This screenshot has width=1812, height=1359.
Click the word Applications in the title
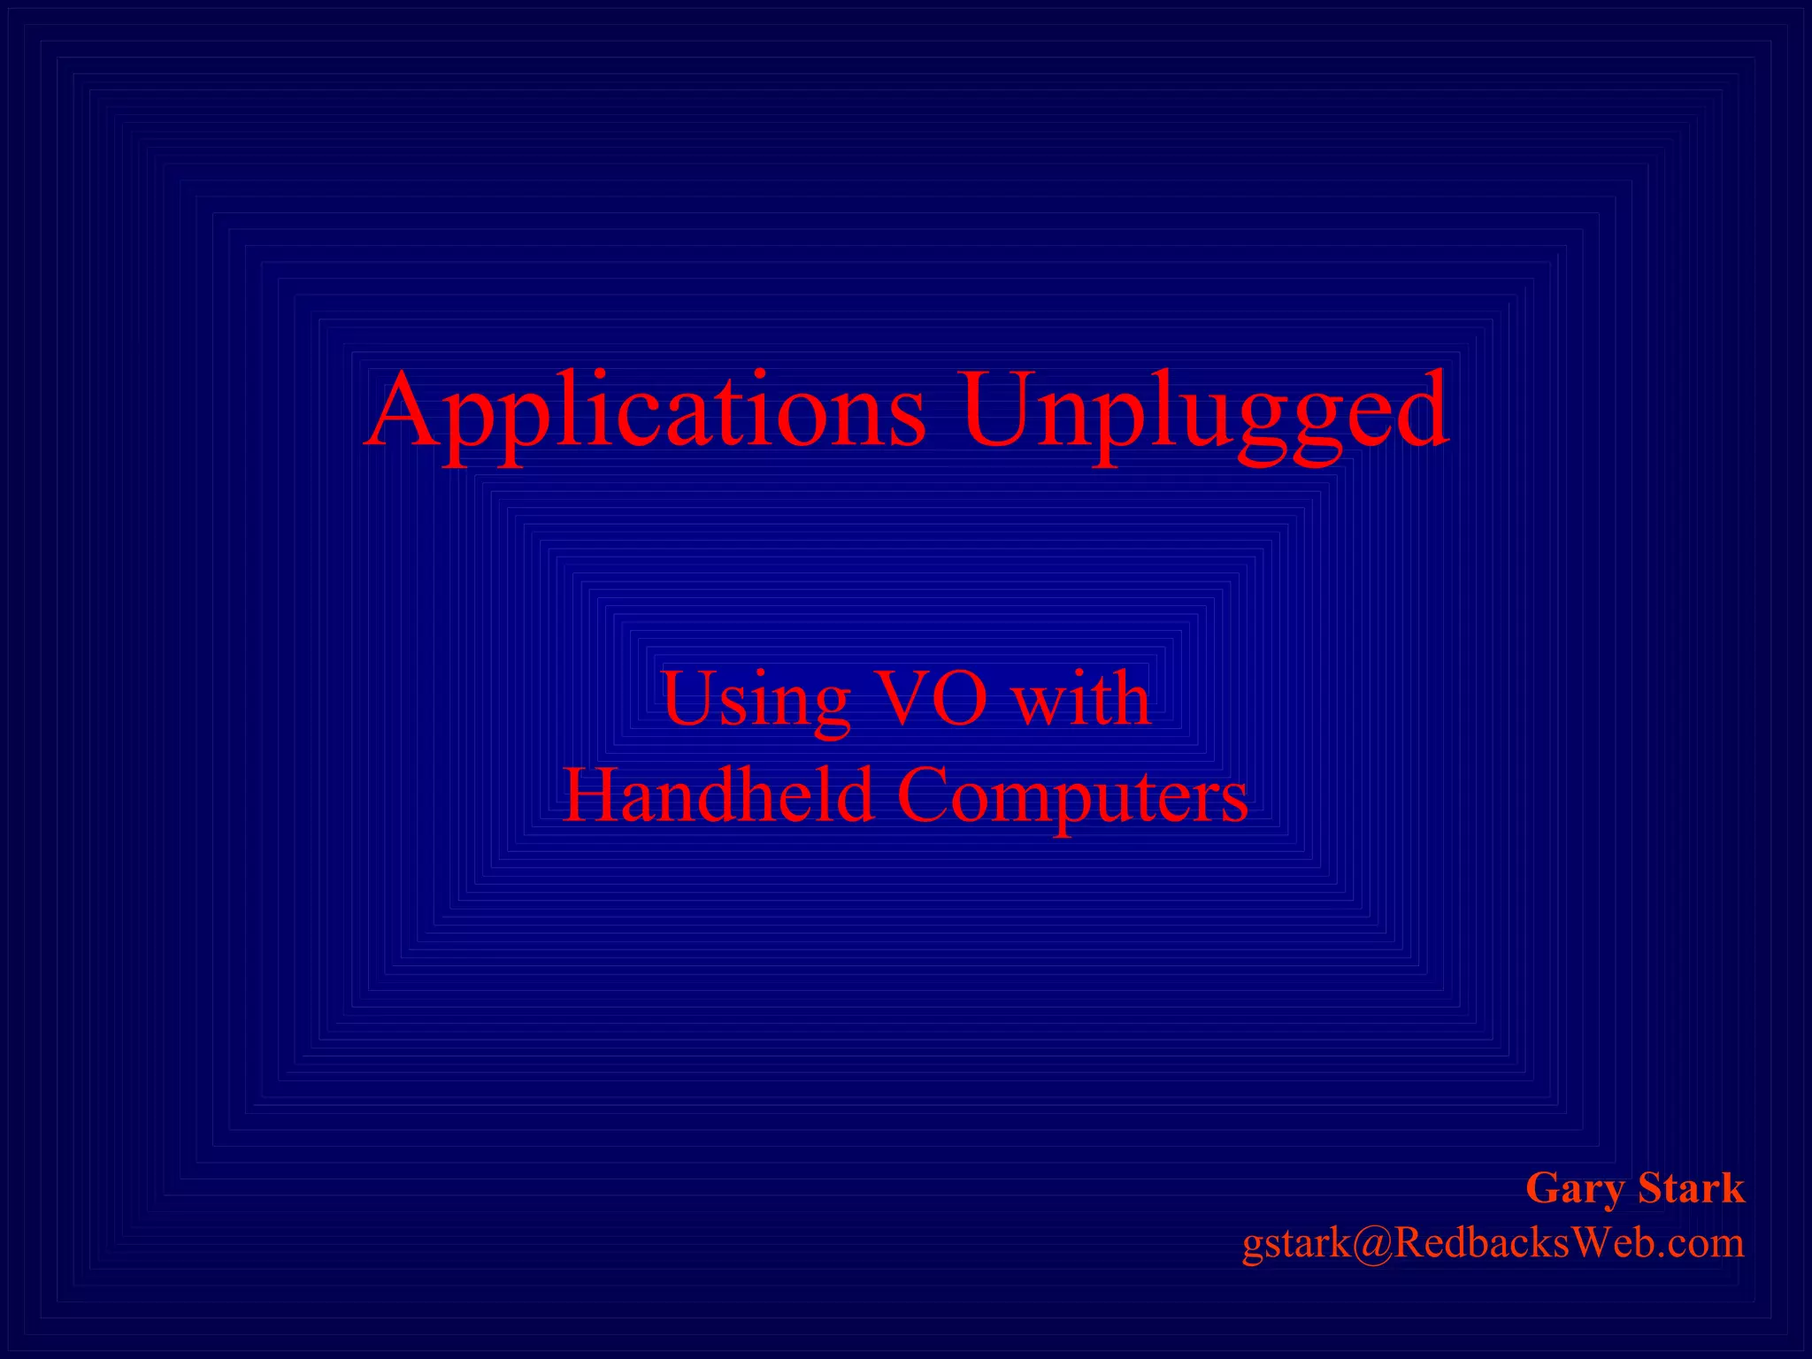click(x=646, y=411)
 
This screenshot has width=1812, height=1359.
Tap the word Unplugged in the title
click(x=1205, y=411)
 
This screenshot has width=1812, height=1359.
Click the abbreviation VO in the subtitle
click(x=931, y=699)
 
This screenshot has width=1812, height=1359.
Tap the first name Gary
click(x=1576, y=1189)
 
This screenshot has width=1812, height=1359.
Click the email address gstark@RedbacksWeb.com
click(x=1493, y=1243)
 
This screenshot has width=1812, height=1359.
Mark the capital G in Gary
click(x=1545, y=1187)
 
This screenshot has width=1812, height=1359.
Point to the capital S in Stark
click(x=1650, y=1187)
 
